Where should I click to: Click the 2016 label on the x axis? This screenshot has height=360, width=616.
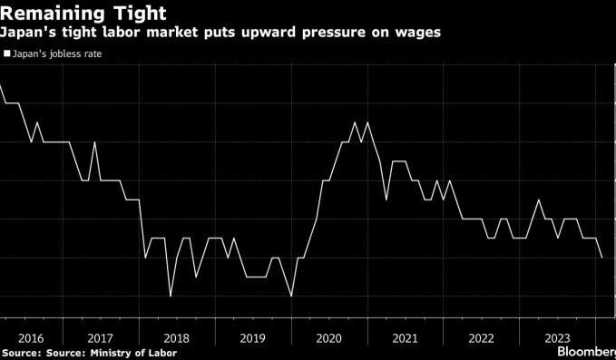31,338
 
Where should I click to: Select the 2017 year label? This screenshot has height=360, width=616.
100,338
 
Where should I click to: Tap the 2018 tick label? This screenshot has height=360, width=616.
176,338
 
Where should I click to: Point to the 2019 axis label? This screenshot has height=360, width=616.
252,338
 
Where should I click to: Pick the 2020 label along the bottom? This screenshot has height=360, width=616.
328,338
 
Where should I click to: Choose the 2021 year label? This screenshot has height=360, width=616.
405,338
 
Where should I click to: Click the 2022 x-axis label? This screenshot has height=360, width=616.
481,338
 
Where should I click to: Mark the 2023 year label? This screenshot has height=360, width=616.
557,338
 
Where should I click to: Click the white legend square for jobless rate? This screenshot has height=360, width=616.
6,54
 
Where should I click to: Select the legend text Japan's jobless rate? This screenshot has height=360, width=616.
57,54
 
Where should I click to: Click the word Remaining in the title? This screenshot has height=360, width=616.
52,14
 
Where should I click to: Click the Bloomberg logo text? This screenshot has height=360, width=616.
587,351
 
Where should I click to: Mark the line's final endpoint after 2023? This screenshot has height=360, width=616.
601,258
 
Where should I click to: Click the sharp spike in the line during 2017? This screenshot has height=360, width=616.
94,142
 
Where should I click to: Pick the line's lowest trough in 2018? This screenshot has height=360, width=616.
171,296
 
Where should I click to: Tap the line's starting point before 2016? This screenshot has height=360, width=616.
0,84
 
